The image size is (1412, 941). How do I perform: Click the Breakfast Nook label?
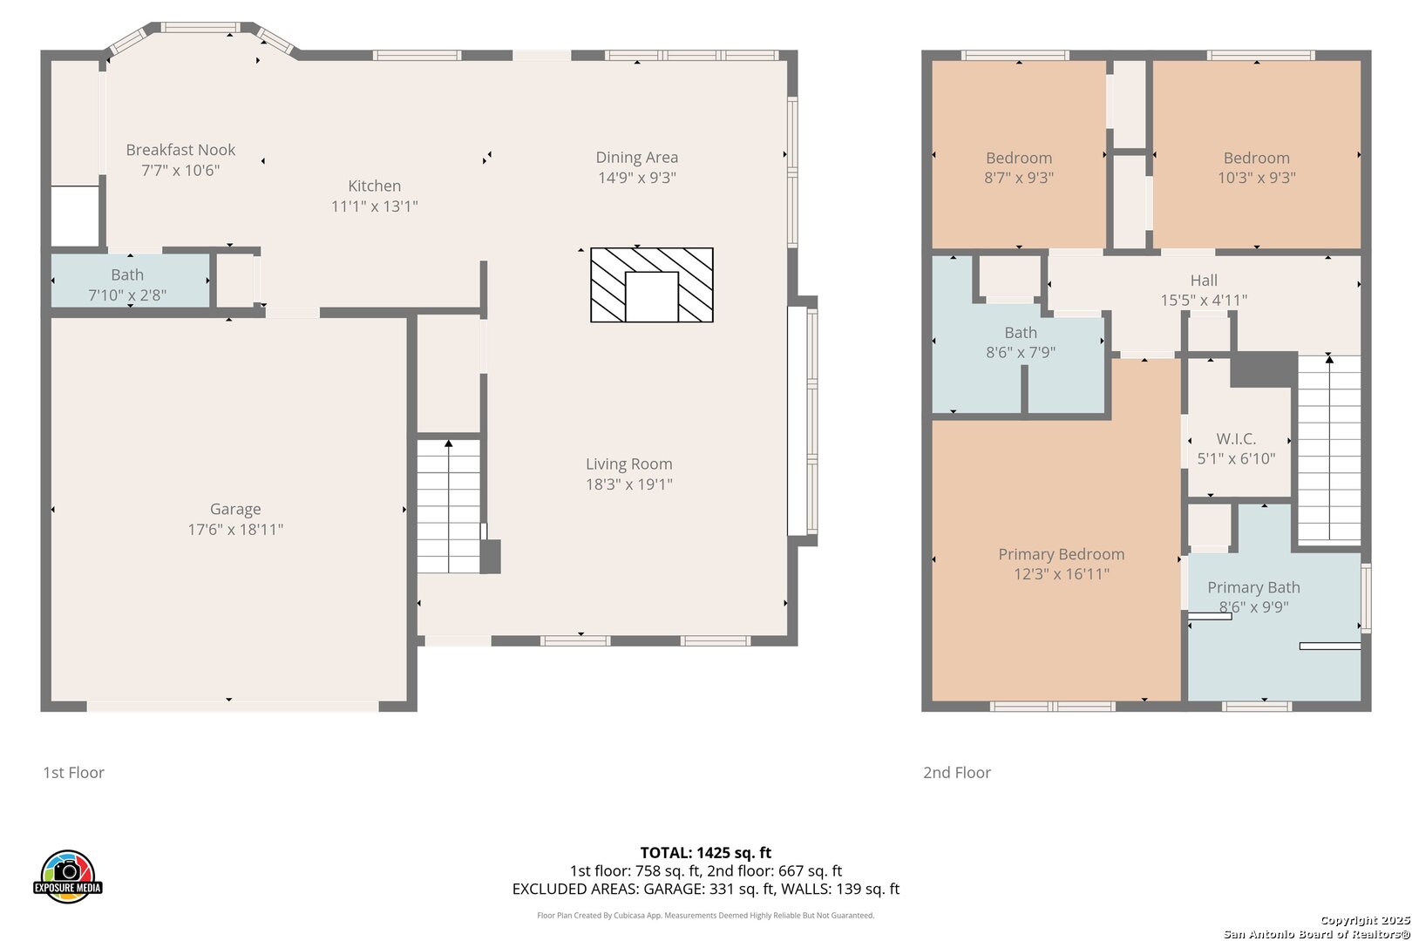(180, 150)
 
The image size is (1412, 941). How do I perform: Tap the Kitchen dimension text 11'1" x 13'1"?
(375, 206)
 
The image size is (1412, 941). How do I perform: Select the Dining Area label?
(636, 157)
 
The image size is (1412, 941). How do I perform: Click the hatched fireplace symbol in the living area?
(652, 285)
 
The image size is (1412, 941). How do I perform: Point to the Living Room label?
(629, 464)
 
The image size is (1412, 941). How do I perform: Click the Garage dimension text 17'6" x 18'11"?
(235, 530)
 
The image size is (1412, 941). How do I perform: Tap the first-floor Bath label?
(127, 274)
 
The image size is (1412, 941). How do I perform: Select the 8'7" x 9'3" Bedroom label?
(1019, 158)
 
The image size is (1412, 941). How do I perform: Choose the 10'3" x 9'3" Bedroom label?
(1256, 158)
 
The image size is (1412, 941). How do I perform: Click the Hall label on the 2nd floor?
(1204, 280)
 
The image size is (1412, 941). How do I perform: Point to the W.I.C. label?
(1236, 438)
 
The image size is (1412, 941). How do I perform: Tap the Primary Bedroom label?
(1062, 554)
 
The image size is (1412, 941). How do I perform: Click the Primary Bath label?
(1253, 587)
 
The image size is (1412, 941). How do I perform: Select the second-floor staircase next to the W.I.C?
(1329, 448)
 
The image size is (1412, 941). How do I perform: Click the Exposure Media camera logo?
(67, 876)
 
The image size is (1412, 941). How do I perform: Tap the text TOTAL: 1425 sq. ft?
(705, 853)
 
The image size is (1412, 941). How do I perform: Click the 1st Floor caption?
(73, 772)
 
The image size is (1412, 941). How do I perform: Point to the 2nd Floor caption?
(957, 772)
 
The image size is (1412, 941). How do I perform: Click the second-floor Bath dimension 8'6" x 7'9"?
(1021, 352)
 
